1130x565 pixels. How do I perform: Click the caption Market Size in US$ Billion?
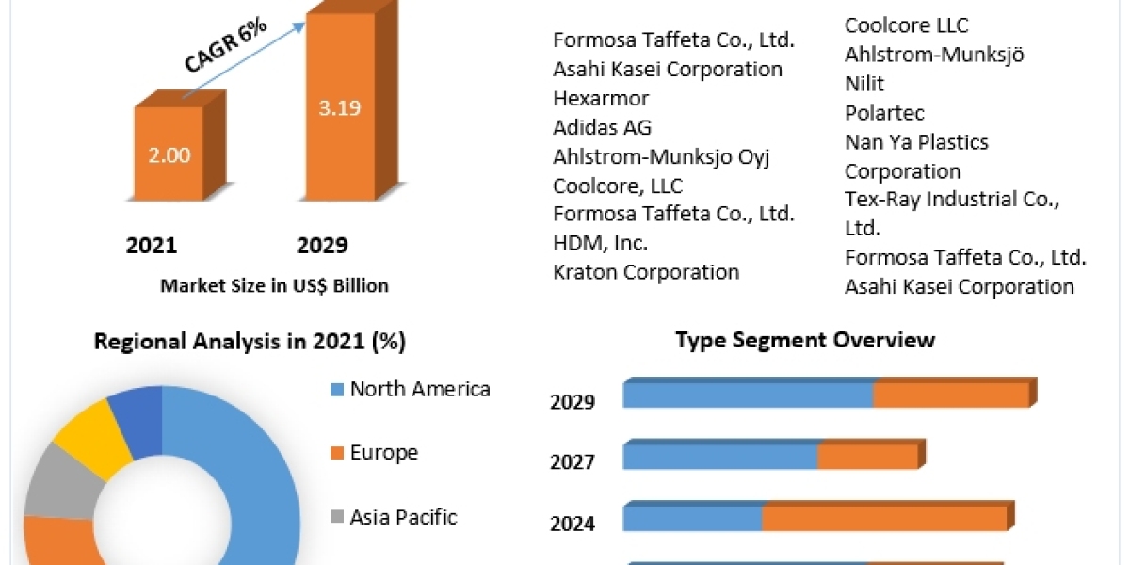point(274,285)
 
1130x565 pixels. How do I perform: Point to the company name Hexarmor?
point(601,98)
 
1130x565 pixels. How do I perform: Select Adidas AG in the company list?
point(602,127)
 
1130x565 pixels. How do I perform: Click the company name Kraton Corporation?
point(646,272)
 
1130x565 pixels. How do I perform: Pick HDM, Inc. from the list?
point(600,243)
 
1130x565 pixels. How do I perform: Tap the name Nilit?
point(864,84)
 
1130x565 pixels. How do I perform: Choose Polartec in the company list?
point(884,113)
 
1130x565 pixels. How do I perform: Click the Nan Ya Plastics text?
point(916,142)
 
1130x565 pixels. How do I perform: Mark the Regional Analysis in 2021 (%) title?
point(250,342)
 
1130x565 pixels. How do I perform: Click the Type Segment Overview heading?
point(805,340)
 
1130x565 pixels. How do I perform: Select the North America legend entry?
point(419,389)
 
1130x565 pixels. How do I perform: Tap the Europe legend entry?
point(383,453)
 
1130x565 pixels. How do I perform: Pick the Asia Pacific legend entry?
point(402,517)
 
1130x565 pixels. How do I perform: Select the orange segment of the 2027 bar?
point(866,457)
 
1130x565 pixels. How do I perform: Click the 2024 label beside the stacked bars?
point(573,524)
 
